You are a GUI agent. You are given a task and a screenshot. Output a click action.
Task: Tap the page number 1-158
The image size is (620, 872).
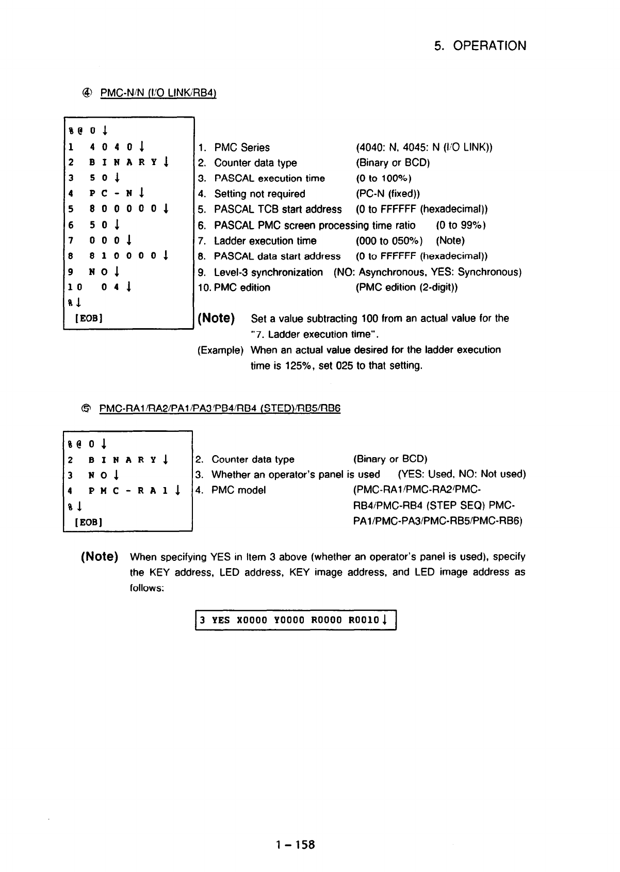tap(295, 845)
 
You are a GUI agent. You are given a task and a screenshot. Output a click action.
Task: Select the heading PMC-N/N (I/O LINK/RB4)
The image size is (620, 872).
tap(157, 93)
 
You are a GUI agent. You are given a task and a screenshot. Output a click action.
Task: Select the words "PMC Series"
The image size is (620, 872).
tap(241, 148)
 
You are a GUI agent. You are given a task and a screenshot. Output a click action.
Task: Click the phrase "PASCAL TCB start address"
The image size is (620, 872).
tap(278, 209)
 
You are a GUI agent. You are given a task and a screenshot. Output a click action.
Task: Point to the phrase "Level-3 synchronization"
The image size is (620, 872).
tap(268, 272)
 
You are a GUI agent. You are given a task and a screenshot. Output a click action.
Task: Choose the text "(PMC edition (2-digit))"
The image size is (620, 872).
tap(407, 287)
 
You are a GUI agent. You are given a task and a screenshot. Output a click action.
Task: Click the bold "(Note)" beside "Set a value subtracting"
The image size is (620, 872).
tap(216, 318)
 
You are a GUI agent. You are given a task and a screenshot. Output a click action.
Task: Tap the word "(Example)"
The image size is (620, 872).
tap(220, 350)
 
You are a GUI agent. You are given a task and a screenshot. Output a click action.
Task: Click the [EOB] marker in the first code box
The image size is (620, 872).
tap(88, 318)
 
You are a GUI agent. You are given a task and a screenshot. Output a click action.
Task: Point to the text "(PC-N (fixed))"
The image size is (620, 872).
tap(387, 194)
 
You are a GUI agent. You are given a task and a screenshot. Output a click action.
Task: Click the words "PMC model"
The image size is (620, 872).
tap(238, 490)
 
